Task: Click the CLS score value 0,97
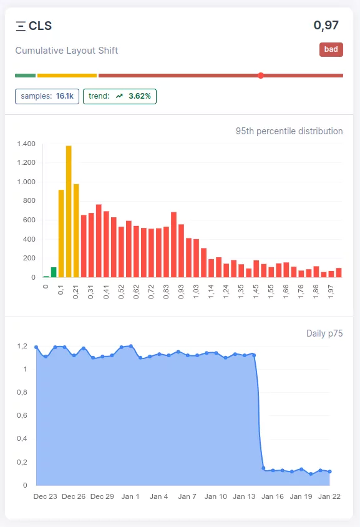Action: (x=326, y=26)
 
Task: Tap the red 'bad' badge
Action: (x=331, y=50)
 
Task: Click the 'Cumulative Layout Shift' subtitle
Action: (x=67, y=51)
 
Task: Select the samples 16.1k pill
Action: (x=47, y=96)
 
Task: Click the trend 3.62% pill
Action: (x=119, y=96)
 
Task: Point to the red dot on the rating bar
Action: (x=261, y=76)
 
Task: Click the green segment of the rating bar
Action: (x=25, y=76)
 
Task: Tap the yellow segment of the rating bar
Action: (x=67, y=76)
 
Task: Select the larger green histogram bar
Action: (x=54, y=272)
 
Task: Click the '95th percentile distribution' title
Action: (x=289, y=131)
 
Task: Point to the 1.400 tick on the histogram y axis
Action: (x=26, y=144)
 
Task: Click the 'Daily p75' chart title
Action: (x=324, y=333)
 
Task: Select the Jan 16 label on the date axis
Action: (x=273, y=496)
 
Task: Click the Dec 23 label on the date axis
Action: (x=45, y=496)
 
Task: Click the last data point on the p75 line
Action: (x=329, y=472)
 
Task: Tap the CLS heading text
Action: (x=40, y=26)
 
